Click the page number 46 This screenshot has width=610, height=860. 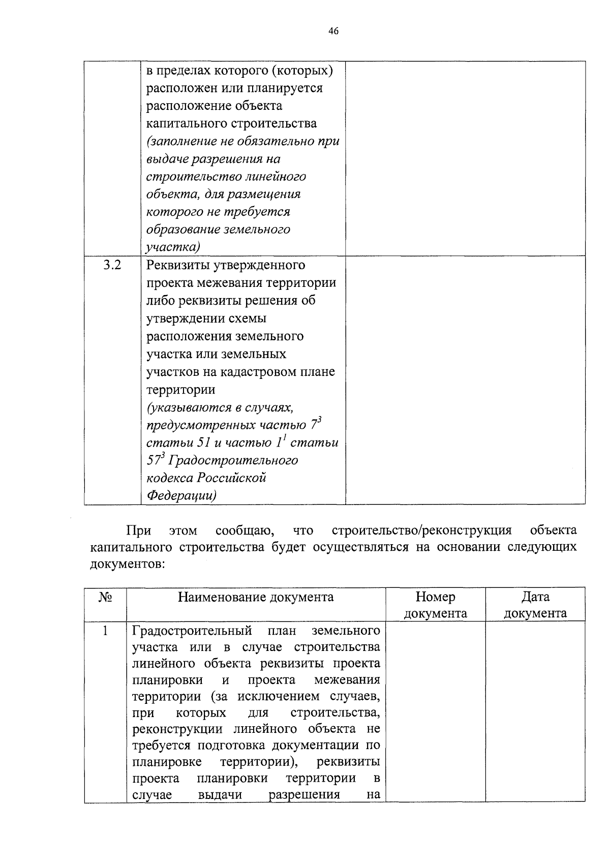(333, 32)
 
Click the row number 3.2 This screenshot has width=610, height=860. (112, 265)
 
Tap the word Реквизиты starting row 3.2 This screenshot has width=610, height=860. (176, 265)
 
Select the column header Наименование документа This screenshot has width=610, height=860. (256, 597)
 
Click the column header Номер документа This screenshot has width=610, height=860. (435, 605)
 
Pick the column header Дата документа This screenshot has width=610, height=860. (535, 605)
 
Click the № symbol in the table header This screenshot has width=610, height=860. (105, 597)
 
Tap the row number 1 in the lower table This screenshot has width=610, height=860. (105, 631)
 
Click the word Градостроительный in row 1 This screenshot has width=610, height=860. (192, 631)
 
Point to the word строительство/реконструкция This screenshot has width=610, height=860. (421, 530)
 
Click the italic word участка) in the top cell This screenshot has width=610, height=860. (172, 247)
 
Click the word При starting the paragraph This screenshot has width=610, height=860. (138, 530)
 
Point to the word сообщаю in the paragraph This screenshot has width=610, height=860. (245, 530)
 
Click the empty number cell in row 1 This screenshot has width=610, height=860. (435, 712)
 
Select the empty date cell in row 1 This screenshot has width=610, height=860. (535, 712)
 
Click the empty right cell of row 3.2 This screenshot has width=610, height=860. (465, 380)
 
